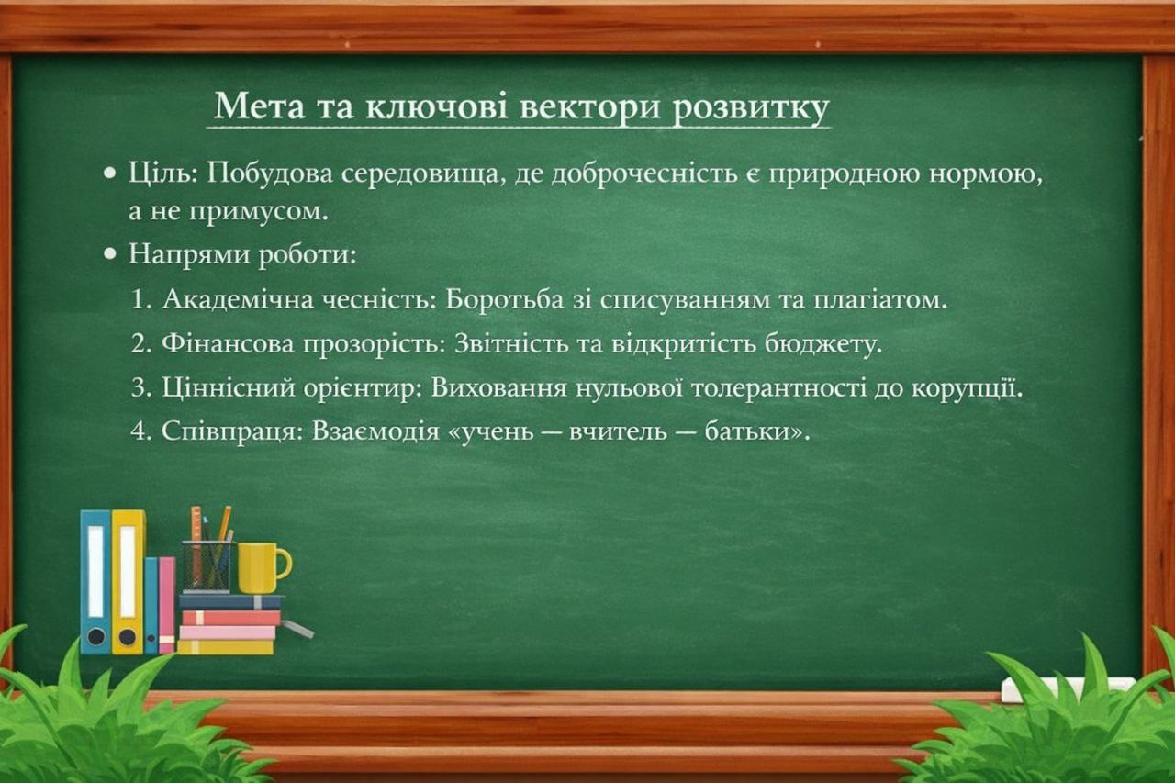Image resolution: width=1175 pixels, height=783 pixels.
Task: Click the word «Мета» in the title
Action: point(259,106)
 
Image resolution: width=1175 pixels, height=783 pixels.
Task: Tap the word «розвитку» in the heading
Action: point(751,109)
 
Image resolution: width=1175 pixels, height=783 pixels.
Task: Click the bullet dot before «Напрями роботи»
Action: point(110,254)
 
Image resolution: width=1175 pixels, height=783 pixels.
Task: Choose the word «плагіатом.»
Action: point(880,300)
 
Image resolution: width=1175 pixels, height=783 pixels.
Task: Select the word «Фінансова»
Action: point(228,343)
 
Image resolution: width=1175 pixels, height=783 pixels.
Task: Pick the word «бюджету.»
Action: point(823,344)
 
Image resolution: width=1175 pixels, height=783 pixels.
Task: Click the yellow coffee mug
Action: point(263,568)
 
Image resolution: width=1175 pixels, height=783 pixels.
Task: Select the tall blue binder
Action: point(95,582)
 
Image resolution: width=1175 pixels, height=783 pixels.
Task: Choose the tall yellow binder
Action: point(128,582)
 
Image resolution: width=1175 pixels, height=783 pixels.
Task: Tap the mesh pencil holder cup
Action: point(207,566)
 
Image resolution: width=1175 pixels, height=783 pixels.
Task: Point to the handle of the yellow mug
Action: point(285,564)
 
